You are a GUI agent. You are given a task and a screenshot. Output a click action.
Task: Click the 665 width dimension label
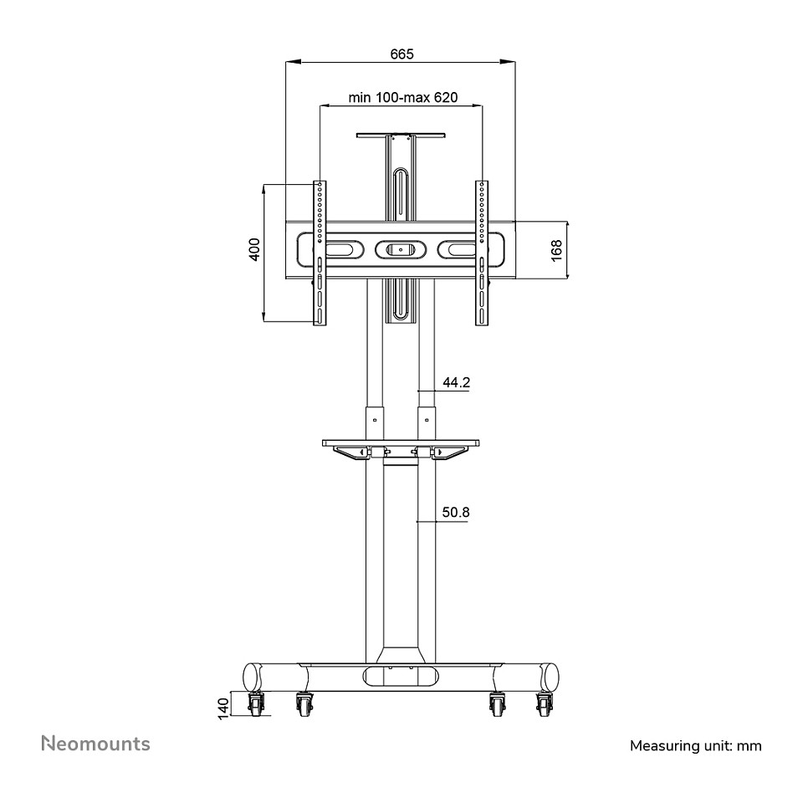pos(401,54)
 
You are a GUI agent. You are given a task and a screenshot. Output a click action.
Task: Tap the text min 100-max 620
pos(403,97)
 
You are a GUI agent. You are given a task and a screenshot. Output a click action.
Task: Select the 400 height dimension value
pos(254,249)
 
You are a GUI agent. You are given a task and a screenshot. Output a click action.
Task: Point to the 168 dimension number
pos(556,250)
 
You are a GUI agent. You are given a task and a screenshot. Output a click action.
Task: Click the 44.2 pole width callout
pos(457,382)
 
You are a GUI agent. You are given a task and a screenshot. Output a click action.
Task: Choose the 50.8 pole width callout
pos(456,512)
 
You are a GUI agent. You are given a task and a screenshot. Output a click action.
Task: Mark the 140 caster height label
pos(224,708)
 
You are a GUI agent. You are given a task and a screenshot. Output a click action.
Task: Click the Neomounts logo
pos(95,744)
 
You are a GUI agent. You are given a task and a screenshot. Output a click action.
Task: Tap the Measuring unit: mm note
pos(695,745)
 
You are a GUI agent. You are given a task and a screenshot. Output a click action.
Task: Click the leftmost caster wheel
pos(256,704)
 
